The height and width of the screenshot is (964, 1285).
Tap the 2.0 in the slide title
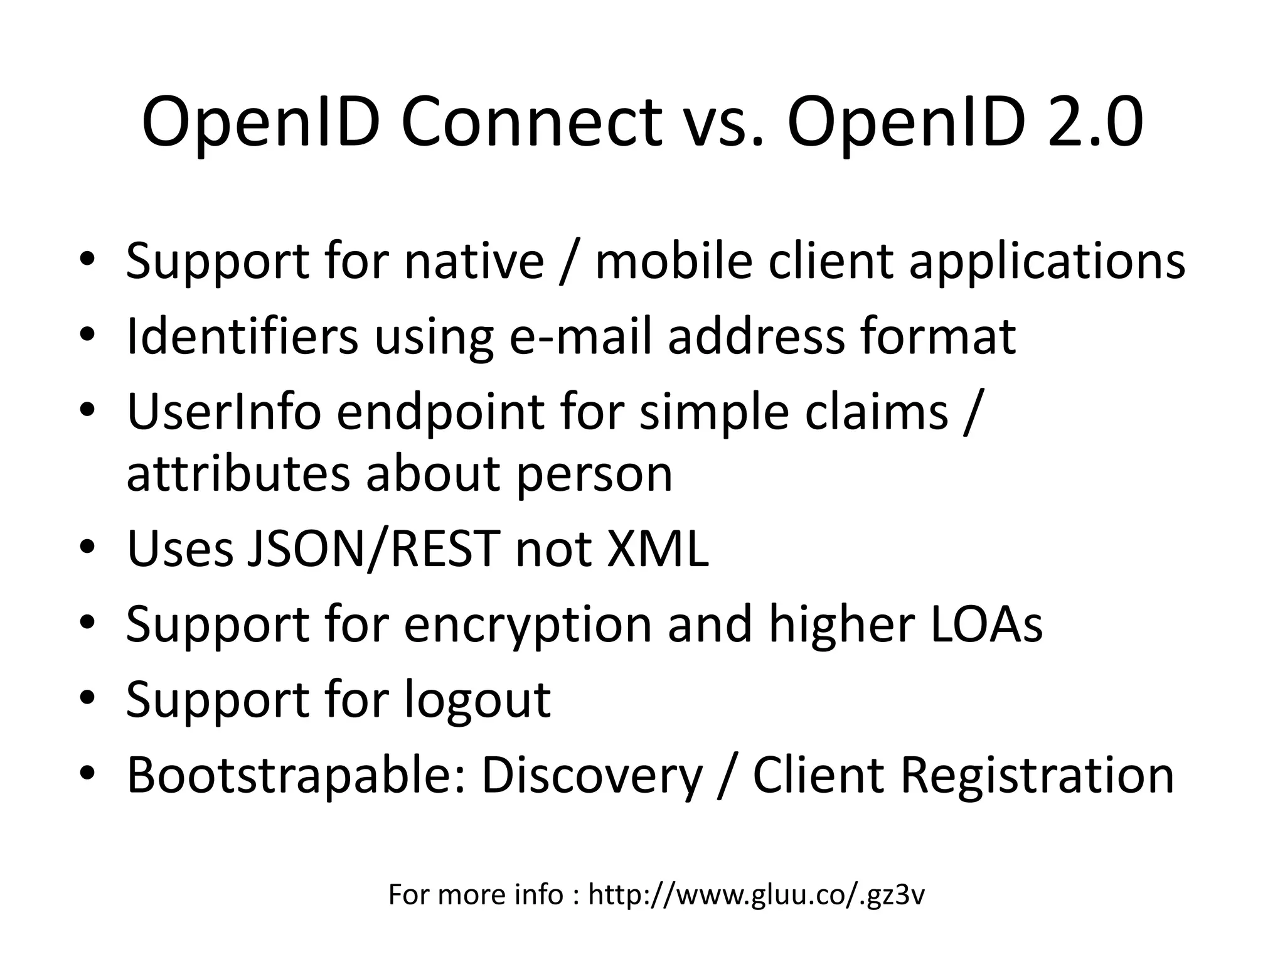(1095, 122)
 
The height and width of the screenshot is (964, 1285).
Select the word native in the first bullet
(474, 260)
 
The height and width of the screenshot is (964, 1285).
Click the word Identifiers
(242, 336)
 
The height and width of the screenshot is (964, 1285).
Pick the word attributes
(238, 474)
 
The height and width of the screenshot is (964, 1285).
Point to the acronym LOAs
(986, 624)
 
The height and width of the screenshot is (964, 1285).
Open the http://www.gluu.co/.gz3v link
(756, 895)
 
